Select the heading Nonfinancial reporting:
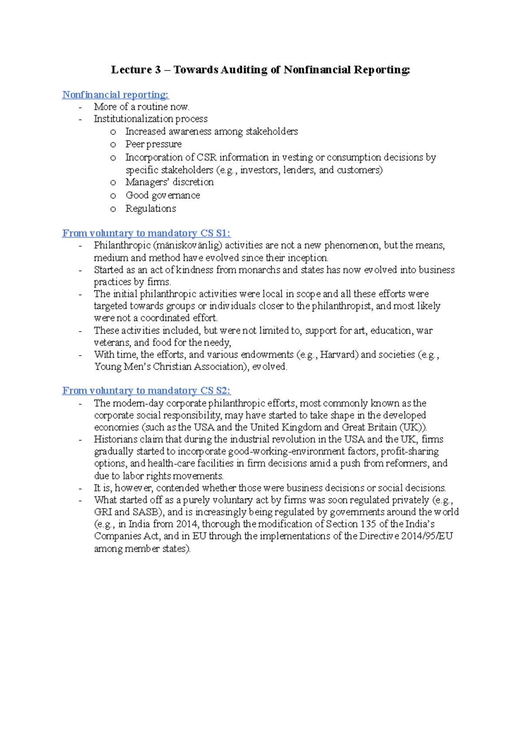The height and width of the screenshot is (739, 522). pyautogui.click(x=115, y=95)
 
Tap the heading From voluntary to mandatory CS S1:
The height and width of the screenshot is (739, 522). pyautogui.click(x=146, y=233)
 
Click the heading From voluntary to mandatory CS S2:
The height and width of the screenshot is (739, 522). pyautogui.click(x=146, y=391)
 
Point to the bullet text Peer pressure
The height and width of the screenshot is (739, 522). pyautogui.click(x=154, y=144)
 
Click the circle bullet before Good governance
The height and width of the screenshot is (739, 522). pyautogui.click(x=113, y=196)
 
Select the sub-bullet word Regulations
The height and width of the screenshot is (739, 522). pyautogui.click(x=151, y=208)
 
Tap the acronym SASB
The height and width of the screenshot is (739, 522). pyautogui.click(x=146, y=512)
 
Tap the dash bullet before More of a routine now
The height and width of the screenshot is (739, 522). pyautogui.click(x=80, y=107)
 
